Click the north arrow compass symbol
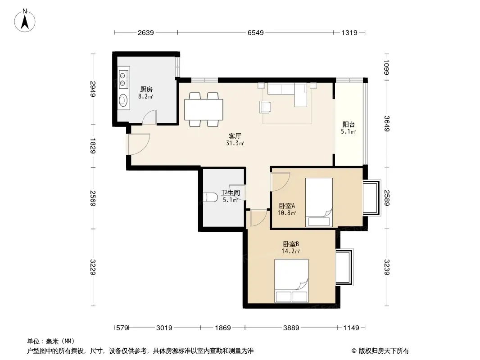click(25, 21)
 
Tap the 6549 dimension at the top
click(256, 32)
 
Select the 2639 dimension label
click(146, 32)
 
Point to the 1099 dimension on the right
click(387, 67)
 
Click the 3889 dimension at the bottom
click(291, 328)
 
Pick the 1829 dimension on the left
click(93, 146)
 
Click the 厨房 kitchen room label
click(146, 89)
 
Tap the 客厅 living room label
click(235, 136)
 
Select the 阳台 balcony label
click(349, 125)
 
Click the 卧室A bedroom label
click(287, 206)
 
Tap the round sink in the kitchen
click(123, 100)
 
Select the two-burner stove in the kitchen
click(123, 79)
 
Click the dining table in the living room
click(204, 109)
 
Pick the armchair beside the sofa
click(265, 107)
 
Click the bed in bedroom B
click(291, 281)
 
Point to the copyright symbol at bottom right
click(354, 351)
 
